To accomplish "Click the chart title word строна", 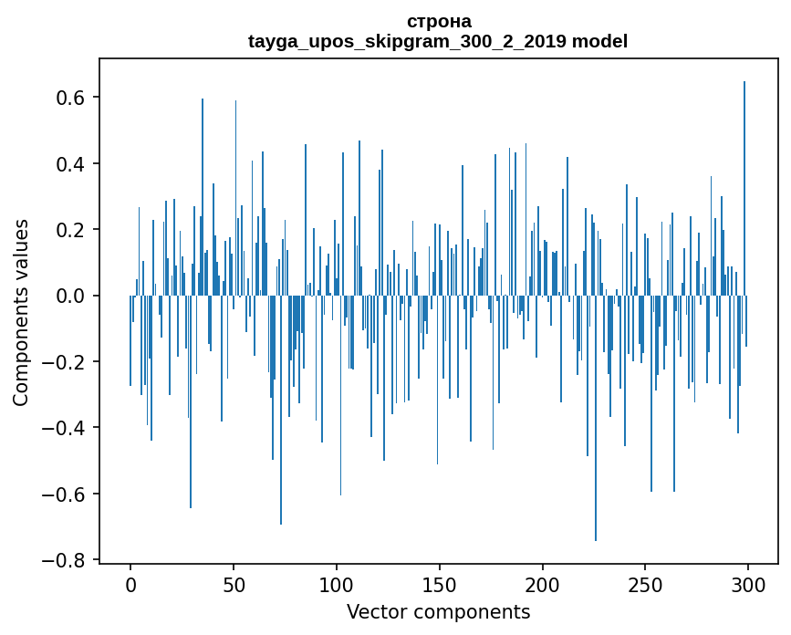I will click(x=438, y=21).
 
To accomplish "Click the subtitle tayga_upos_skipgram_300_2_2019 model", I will click(x=438, y=41).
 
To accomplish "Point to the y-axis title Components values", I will click(x=20, y=312).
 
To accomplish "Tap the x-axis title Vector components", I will click(x=438, y=611).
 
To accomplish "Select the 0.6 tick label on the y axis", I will click(x=70, y=98).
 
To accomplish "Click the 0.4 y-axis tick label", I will click(x=70, y=164).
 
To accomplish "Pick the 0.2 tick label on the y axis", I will click(x=70, y=230).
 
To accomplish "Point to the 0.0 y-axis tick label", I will click(x=70, y=297).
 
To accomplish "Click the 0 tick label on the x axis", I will click(x=130, y=584).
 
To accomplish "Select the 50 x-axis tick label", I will click(x=234, y=584).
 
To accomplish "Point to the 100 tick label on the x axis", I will click(x=337, y=584).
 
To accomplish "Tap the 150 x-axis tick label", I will click(x=440, y=584).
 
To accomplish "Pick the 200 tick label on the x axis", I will click(x=543, y=584).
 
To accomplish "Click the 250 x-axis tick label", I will click(x=645, y=584).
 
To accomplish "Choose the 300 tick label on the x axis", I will click(x=748, y=584).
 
